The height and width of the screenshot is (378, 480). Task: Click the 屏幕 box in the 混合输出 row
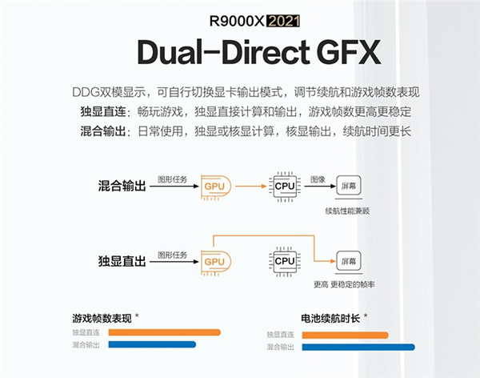pyautogui.click(x=348, y=186)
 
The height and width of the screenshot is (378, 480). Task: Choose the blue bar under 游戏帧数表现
pyautogui.click(x=152, y=345)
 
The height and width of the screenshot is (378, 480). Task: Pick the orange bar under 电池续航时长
pyautogui.click(x=344, y=335)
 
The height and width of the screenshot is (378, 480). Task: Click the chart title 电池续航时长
pyautogui.click(x=329, y=318)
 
